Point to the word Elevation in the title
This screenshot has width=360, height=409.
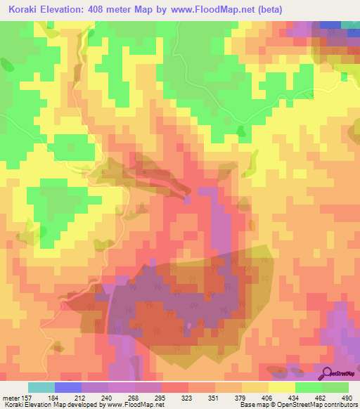click(x=73, y=8)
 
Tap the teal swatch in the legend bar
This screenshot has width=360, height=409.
click(x=41, y=387)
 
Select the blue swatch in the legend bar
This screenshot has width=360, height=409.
click(x=67, y=387)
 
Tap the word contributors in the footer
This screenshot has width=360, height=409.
click(x=340, y=405)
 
